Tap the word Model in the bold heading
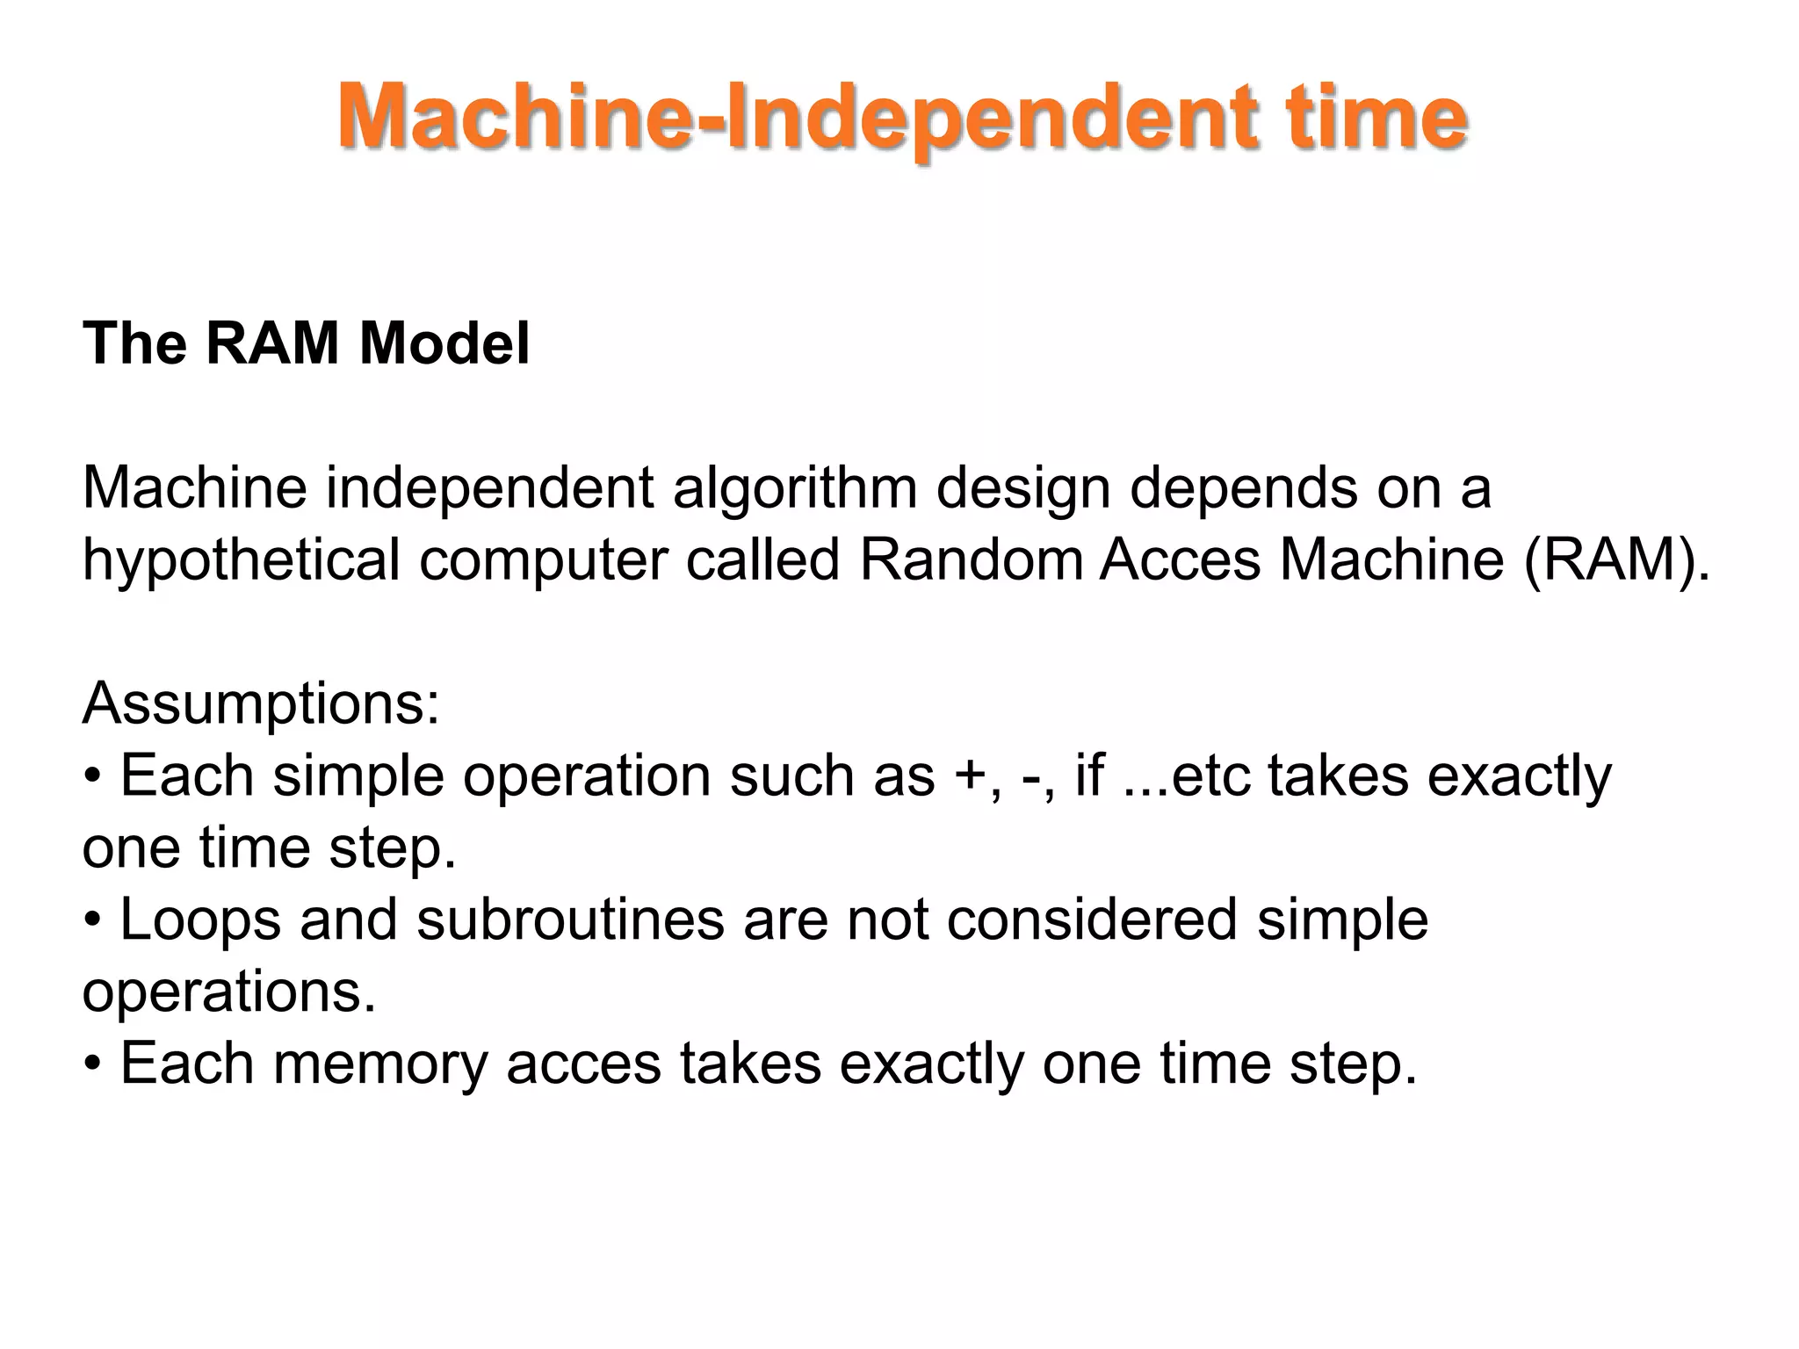click(x=444, y=343)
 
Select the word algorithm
click(x=795, y=488)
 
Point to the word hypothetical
click(x=241, y=560)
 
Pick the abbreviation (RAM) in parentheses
click(x=1616, y=560)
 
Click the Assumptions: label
click(x=261, y=703)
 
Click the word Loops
click(x=200, y=920)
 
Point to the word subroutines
click(x=571, y=920)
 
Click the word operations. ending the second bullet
click(x=229, y=992)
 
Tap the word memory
click(x=379, y=1064)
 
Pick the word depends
click(x=1244, y=488)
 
